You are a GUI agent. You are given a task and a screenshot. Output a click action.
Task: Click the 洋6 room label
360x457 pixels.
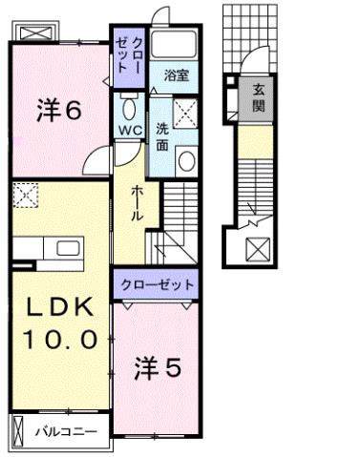(57, 112)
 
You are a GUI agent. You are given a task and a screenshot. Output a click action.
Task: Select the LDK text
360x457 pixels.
(58, 308)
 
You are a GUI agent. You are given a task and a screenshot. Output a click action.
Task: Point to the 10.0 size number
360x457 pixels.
(58, 339)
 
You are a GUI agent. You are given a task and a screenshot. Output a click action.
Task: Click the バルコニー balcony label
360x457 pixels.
(66, 432)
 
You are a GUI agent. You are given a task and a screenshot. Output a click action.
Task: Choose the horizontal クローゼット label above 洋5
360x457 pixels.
(159, 284)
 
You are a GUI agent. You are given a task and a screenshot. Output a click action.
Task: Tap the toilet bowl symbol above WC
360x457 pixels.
(131, 106)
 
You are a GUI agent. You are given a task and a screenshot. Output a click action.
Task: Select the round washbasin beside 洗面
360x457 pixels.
(186, 161)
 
